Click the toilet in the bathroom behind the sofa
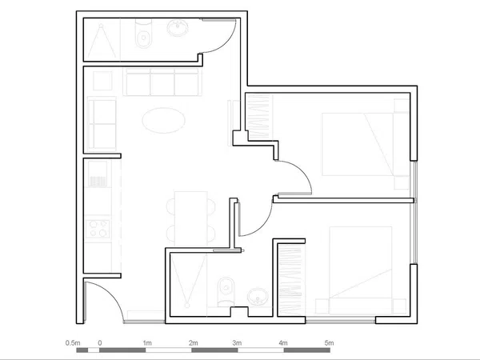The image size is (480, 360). pos(143,34)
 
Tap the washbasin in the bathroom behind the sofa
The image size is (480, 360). pos(178,28)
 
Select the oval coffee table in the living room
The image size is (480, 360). pos(163,120)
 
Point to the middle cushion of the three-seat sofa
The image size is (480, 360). pos(162,82)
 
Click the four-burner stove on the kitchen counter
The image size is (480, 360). pos(98,229)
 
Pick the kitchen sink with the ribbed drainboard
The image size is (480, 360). pos(98,174)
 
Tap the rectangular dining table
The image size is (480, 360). pos(190,218)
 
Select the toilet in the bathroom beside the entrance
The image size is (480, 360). pos(226,291)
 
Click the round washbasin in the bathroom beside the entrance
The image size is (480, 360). pos(258,296)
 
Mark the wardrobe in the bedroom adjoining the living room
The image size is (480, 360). pos(258,117)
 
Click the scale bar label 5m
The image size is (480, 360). pos(329,343)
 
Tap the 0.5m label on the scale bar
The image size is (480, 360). pos(73,343)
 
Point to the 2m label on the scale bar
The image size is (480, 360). pos(193,343)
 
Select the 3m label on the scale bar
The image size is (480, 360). pos(237,343)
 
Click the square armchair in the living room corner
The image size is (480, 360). pos(102,81)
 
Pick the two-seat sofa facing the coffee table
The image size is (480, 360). pos(102,124)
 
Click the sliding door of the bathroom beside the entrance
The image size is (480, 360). pos(226,250)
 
